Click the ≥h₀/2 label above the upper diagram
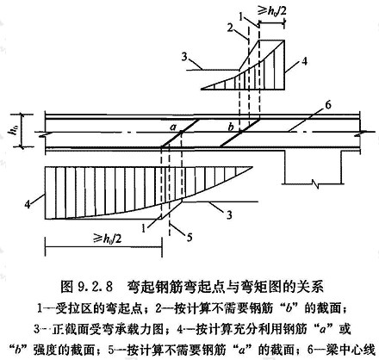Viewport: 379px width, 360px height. pos(273,10)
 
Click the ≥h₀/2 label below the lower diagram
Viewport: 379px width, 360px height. pos(108,238)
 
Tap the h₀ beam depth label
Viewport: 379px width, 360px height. pos(12,131)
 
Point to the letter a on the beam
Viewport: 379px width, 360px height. pos(173,127)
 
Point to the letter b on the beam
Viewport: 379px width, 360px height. pos(231,127)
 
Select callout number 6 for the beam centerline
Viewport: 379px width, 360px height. pos(327,105)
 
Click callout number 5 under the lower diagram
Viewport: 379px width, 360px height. pos(189,237)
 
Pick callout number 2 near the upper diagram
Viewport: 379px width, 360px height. pos(230,28)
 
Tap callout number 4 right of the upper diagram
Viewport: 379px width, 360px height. pos(304,61)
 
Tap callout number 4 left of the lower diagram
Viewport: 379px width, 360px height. pos(28,204)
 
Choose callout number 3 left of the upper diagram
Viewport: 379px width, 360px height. pos(184,57)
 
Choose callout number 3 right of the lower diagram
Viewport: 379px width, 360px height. pos(229,214)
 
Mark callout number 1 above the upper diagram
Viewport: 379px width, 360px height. pos(241,17)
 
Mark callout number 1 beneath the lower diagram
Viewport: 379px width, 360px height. pos(143,229)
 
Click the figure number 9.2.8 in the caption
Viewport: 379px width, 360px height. pos(94,287)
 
